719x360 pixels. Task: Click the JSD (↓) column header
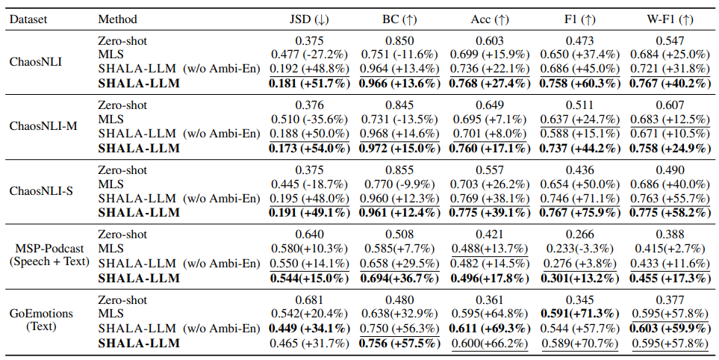pos(309,19)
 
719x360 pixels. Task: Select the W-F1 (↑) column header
pos(670,19)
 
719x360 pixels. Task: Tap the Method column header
pos(117,19)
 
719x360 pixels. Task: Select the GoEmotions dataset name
pos(41,314)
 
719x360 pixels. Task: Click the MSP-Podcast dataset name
pos(49,249)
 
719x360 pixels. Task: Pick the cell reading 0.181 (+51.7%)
pos(309,84)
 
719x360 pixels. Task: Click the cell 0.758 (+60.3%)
pos(579,84)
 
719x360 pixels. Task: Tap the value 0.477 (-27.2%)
pos(309,55)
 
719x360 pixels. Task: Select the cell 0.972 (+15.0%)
pos(399,148)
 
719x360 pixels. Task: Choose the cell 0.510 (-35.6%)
pos(309,120)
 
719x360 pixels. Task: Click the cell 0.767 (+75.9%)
pos(579,213)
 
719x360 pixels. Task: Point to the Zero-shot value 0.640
pos(309,235)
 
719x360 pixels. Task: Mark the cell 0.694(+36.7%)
pos(399,278)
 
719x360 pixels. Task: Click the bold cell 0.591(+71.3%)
pos(579,314)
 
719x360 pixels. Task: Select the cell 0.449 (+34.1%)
pos(309,329)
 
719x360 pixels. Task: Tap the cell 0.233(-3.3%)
pos(579,249)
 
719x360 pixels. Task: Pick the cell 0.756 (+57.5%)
pos(399,343)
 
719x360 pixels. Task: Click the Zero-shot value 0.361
pos(489,300)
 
